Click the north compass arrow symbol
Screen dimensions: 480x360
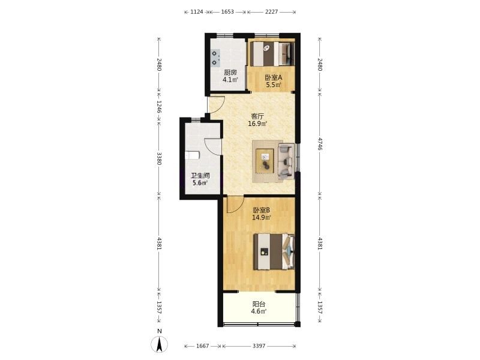coord(159,344)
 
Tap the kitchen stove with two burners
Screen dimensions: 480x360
coord(215,58)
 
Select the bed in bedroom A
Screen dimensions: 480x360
coord(272,53)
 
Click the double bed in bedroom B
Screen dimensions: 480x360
coord(274,251)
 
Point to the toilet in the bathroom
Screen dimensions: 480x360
coord(192,155)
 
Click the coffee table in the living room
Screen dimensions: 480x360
coord(265,160)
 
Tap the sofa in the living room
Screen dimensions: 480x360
coord(286,161)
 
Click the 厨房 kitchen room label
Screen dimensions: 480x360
coord(230,73)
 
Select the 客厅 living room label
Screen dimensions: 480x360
coord(257,116)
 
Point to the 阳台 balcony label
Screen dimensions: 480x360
coord(259,304)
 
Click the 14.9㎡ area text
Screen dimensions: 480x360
coord(262,218)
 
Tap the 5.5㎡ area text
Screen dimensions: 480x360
coord(274,85)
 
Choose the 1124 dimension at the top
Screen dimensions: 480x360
coord(197,12)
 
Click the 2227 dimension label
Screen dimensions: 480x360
coord(272,12)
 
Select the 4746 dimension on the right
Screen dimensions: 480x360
coord(320,144)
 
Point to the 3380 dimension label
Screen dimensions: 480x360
coord(159,158)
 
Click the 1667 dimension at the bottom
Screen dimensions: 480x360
coord(202,346)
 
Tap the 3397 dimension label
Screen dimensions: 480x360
coord(259,346)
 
